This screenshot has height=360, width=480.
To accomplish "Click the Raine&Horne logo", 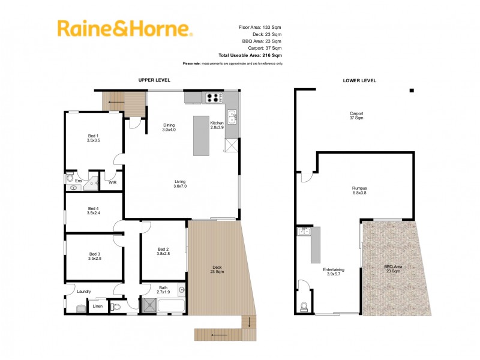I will [125, 29].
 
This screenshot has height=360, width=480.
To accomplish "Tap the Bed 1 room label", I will [93, 138].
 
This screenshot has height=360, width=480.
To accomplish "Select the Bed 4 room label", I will [92, 211].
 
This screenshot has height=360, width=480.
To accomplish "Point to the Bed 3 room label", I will [92, 256].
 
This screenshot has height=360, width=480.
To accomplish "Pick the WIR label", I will [112, 182].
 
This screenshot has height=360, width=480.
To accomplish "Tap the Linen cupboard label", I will [97, 307].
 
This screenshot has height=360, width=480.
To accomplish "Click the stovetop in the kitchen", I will [213, 98].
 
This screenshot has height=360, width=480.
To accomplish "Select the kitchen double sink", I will [232, 116].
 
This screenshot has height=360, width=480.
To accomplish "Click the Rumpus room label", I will [360, 191].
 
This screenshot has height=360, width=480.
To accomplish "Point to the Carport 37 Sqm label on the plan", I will [356, 115].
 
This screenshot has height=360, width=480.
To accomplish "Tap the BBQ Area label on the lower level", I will [392, 269].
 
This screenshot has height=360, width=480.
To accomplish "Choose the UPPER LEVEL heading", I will [154, 80].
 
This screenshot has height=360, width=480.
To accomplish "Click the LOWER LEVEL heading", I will [359, 80].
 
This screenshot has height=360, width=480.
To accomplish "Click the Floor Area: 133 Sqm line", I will [260, 27].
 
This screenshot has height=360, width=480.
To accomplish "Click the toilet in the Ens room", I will [70, 178].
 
